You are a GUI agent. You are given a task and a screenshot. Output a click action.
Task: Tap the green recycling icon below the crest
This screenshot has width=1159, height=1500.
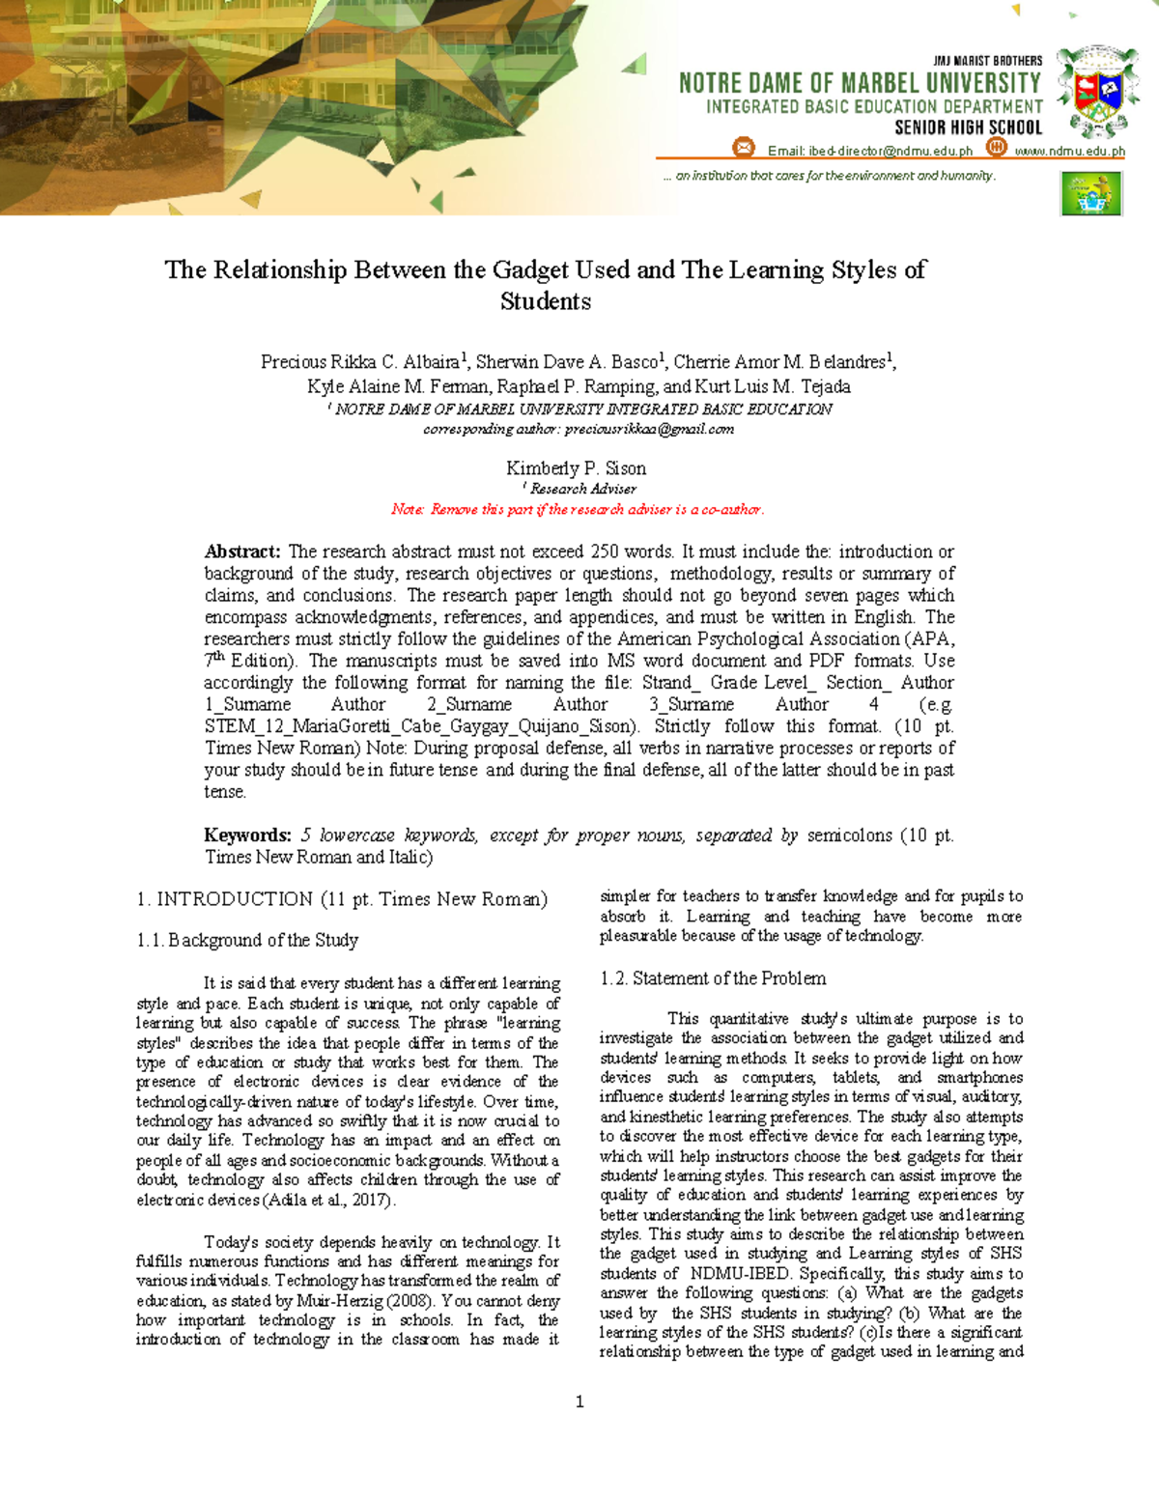[1091, 193]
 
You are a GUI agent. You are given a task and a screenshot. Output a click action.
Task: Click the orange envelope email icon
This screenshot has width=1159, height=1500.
[743, 148]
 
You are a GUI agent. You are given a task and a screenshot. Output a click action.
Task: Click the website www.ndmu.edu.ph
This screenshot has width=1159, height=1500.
[1069, 151]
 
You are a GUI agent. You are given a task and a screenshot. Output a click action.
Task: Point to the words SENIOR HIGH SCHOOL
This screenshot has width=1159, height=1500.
[968, 127]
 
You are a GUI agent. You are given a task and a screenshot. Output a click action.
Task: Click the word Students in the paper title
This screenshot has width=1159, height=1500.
[546, 301]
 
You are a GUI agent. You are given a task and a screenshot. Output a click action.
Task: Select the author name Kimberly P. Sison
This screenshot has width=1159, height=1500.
[577, 468]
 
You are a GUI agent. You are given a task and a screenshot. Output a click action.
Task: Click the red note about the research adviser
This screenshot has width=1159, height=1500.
[578, 509]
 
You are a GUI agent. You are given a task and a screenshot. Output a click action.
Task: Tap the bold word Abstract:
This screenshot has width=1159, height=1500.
[242, 552]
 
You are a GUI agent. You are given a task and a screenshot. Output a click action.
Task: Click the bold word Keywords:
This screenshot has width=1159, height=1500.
[247, 835]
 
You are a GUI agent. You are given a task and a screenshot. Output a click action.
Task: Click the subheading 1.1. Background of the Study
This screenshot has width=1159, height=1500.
[247, 940]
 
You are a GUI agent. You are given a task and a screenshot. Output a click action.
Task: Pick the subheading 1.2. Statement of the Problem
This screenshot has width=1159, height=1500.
[713, 978]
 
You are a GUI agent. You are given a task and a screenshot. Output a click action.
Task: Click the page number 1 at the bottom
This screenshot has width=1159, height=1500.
[579, 1401]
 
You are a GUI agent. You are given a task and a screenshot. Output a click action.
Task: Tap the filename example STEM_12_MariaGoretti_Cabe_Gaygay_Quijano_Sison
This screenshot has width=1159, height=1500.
[420, 726]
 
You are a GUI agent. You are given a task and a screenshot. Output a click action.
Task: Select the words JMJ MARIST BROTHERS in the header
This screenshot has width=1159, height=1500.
[987, 60]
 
